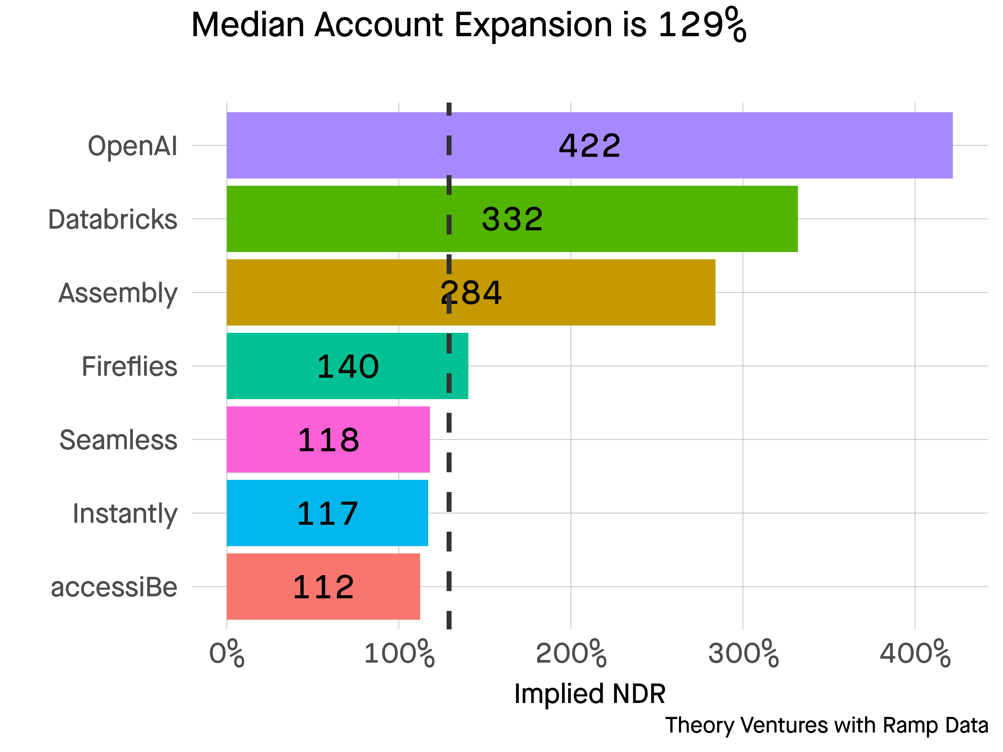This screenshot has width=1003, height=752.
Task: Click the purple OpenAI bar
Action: [x=771, y=145]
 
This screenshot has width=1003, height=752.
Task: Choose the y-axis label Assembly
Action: [x=118, y=293]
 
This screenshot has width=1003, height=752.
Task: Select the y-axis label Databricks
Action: [x=113, y=219]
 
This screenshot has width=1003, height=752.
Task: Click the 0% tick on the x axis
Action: [x=227, y=654]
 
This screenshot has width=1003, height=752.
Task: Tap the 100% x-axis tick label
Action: [x=399, y=654]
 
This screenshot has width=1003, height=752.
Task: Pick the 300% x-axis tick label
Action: [x=743, y=654]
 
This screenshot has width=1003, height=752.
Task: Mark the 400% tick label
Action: [x=915, y=654]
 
